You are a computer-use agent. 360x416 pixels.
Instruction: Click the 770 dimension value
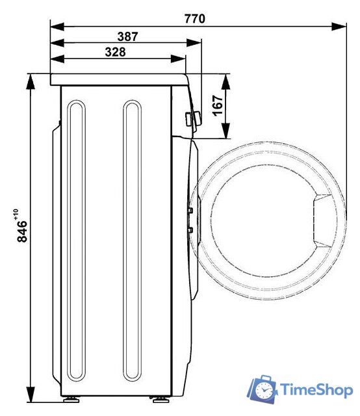point(194,19)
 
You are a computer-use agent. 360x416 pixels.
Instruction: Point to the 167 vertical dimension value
point(218,106)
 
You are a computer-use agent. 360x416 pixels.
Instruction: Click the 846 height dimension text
point(21,232)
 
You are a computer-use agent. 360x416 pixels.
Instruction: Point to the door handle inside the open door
point(321,220)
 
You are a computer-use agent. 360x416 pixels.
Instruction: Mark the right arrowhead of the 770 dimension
point(339,27)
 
